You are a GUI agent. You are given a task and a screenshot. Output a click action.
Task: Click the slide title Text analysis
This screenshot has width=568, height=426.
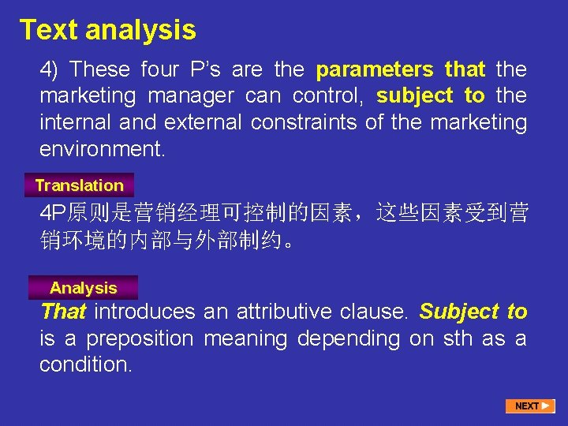pyautogui.click(x=108, y=30)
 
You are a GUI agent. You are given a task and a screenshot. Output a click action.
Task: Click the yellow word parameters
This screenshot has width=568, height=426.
pyautogui.click(x=375, y=69)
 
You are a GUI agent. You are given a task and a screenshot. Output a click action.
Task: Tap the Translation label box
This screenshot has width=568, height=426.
pyautogui.click(x=80, y=185)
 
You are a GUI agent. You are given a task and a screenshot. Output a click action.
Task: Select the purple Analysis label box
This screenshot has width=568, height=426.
pyautogui.click(x=83, y=288)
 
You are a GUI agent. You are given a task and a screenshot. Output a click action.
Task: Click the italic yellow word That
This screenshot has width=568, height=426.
pyautogui.click(x=63, y=312)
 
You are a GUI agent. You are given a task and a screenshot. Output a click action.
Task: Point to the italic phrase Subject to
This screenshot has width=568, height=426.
pyautogui.click(x=473, y=312)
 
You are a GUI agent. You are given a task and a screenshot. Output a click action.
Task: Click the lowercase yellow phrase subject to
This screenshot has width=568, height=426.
pyautogui.click(x=431, y=96)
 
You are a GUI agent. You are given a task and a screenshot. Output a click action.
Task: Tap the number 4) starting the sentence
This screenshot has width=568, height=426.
pyautogui.click(x=50, y=69)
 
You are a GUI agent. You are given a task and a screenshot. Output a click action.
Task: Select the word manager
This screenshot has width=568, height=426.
pyautogui.click(x=187, y=96)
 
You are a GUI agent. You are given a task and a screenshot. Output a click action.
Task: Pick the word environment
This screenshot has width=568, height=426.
pyautogui.click(x=103, y=149)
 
